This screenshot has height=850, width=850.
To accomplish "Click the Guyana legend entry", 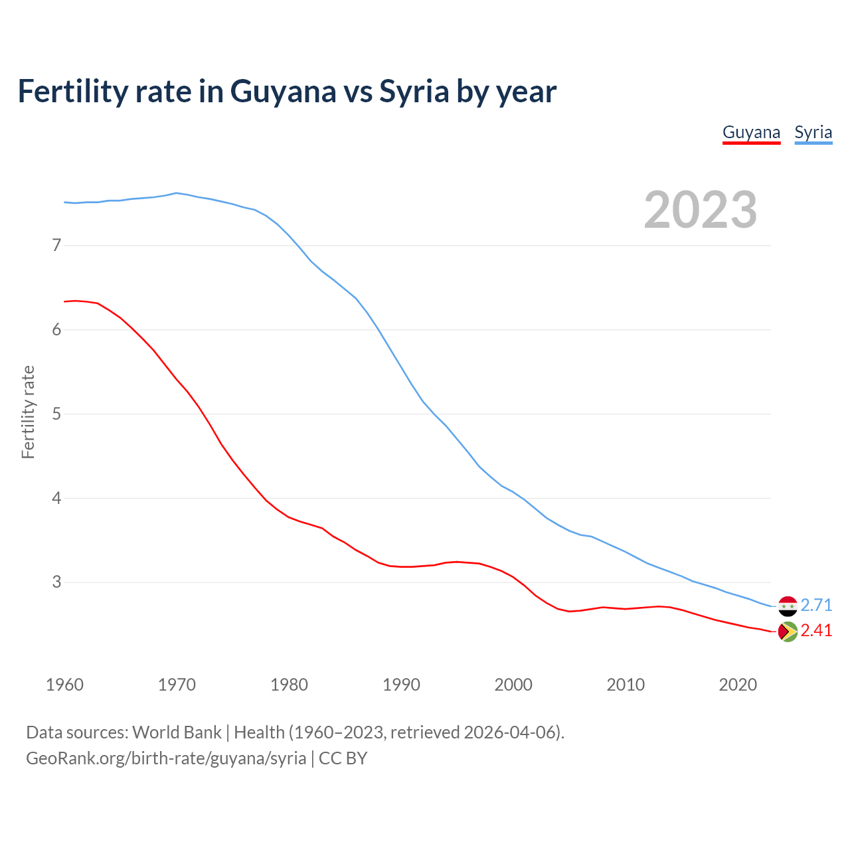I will click(751, 132).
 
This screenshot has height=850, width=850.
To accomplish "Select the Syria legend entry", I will click(813, 132).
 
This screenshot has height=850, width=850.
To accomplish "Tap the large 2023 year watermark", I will click(701, 210).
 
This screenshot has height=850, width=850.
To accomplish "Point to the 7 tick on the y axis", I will click(56, 246).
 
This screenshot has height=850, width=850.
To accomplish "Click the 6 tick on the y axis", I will click(56, 330).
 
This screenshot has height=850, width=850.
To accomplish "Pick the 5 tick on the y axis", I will click(56, 414).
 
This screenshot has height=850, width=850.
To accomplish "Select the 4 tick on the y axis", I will click(56, 498).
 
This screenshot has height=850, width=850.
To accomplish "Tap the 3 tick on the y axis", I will click(56, 582).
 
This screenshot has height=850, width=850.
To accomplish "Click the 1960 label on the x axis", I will click(64, 685).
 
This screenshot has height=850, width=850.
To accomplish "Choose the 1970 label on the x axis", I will click(177, 685).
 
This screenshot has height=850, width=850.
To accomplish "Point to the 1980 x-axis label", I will click(289, 685).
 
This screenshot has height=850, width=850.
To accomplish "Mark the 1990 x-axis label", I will click(401, 685).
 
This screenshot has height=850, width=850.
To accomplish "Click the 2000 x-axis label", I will click(513, 685).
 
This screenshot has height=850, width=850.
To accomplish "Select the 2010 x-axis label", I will click(626, 685).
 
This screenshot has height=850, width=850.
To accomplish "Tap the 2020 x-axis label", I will click(738, 685).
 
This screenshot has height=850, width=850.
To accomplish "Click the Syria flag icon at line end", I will click(788, 606).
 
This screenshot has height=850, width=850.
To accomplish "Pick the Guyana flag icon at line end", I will click(788, 632).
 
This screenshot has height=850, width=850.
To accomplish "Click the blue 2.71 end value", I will click(816, 605).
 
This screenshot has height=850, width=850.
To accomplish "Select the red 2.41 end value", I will click(816, 630).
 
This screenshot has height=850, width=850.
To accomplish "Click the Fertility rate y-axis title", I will click(28, 412).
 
